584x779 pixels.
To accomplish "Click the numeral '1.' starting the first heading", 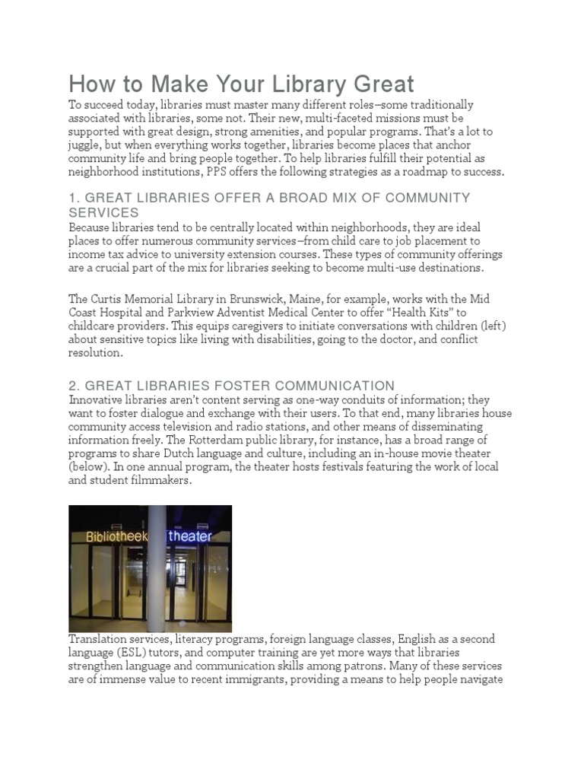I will [75, 198].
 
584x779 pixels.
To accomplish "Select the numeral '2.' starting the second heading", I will [75, 386].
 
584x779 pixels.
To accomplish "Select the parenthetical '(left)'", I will [490, 326].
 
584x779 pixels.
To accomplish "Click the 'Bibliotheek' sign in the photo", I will [113, 536].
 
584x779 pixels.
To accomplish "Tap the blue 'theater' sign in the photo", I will [190, 536].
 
